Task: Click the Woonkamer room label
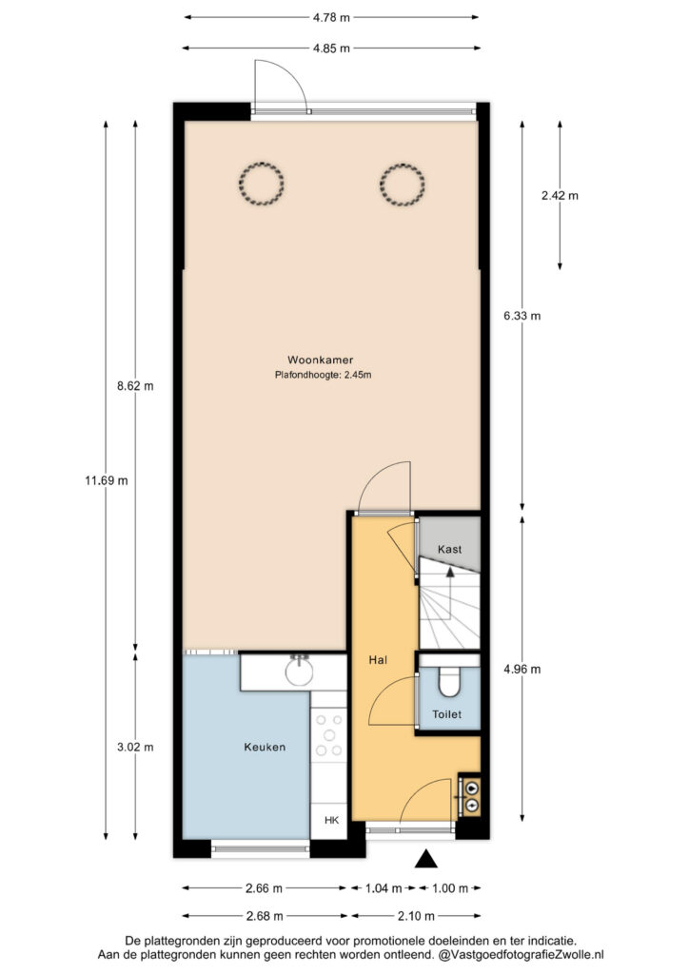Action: (x=320, y=360)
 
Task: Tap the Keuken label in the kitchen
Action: (x=265, y=748)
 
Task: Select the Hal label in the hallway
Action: (x=378, y=660)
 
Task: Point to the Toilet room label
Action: (x=446, y=714)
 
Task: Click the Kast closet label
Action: (x=449, y=549)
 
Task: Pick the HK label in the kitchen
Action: (x=332, y=820)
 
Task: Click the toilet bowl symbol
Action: (x=449, y=682)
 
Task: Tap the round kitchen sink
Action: (x=300, y=671)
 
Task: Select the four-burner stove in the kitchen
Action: (x=329, y=735)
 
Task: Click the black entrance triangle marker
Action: (x=425, y=859)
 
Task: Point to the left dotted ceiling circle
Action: (x=262, y=184)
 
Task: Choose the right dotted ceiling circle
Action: (x=402, y=184)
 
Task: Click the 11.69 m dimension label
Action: (x=107, y=480)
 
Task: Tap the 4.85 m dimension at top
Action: (x=331, y=48)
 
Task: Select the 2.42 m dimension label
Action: (x=560, y=195)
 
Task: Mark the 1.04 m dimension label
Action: (x=384, y=888)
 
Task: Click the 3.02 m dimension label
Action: (x=135, y=747)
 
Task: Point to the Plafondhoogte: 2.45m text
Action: (x=323, y=375)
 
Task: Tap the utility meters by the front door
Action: (x=469, y=797)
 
